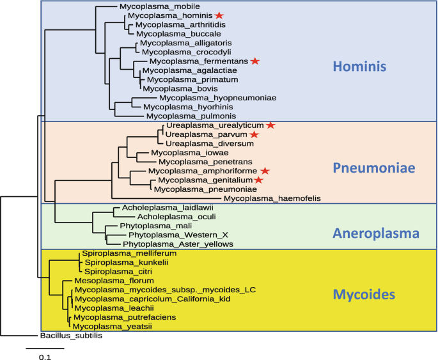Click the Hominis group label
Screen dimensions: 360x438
pyautogui.click(x=364, y=67)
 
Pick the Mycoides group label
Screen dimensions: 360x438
pyautogui.click(x=364, y=294)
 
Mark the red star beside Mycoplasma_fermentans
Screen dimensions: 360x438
pyautogui.click(x=255, y=61)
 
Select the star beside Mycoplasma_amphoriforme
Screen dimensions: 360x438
pyautogui.click(x=265, y=171)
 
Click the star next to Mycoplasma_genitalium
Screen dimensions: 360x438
pyautogui.click(x=258, y=181)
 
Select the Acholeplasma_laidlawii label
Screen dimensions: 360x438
pyautogui.click(x=153, y=208)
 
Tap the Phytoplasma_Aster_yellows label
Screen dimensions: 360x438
pyautogui.click(x=178, y=244)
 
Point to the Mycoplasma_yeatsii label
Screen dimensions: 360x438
pyautogui.click(x=111, y=325)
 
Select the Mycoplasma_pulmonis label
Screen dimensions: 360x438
pyautogui.click(x=185, y=116)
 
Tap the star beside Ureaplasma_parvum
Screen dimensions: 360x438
pyautogui.click(x=254, y=135)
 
